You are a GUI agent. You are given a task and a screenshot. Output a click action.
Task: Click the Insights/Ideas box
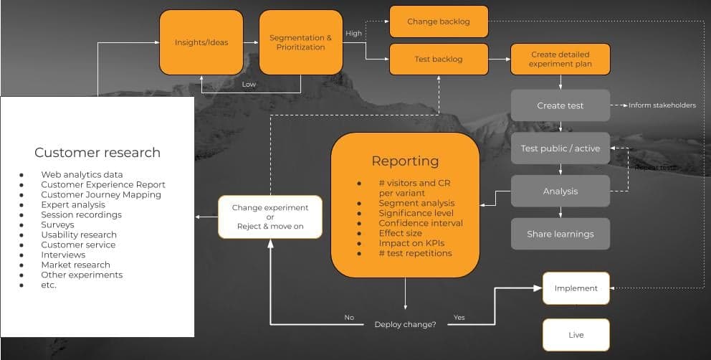pyautogui.click(x=201, y=42)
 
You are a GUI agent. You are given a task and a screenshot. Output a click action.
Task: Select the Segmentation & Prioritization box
pyautogui.click(x=300, y=42)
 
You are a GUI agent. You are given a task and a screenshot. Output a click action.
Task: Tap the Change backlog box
pyautogui.click(x=439, y=22)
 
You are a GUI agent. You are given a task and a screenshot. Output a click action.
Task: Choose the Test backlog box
pyautogui.click(x=439, y=59)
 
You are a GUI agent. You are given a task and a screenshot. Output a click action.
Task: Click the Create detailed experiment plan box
pyautogui.click(x=560, y=59)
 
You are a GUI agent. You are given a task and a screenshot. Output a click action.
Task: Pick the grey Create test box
pyautogui.click(x=560, y=105)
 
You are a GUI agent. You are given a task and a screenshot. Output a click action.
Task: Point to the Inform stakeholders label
pyautogui.click(x=662, y=105)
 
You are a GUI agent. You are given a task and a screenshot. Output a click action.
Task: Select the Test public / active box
pyautogui.click(x=560, y=148)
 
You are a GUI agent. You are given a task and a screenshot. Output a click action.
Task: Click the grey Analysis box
pyautogui.click(x=560, y=191)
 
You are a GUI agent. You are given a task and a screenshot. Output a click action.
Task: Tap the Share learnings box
pyautogui.click(x=560, y=234)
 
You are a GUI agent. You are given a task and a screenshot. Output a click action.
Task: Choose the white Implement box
pyautogui.click(x=576, y=288)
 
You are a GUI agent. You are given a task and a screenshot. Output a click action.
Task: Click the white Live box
pyautogui.click(x=576, y=335)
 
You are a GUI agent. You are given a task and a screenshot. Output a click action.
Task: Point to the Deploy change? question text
pyautogui.click(x=405, y=325)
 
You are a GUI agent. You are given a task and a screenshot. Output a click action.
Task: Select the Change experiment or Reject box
pyautogui.click(x=270, y=217)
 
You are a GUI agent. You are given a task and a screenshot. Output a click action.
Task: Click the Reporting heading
pyautogui.click(x=405, y=161)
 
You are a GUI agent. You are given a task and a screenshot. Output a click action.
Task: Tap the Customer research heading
pyautogui.click(x=97, y=153)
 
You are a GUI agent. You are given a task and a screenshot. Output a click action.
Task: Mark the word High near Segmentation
pyautogui.click(x=353, y=33)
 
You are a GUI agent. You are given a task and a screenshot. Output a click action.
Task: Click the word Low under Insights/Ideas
pyautogui.click(x=249, y=85)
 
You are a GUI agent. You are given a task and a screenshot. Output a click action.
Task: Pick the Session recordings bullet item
pyautogui.click(x=81, y=214)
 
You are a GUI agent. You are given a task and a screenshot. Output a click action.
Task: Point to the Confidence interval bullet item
pyautogui.click(x=421, y=223)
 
